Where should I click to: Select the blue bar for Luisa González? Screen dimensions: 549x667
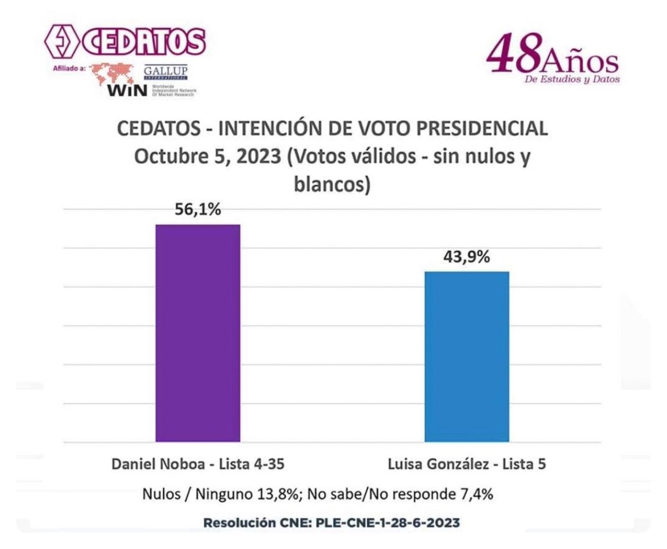point(467,356)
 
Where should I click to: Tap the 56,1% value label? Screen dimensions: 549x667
point(197,211)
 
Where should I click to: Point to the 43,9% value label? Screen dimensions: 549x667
point(466,258)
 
